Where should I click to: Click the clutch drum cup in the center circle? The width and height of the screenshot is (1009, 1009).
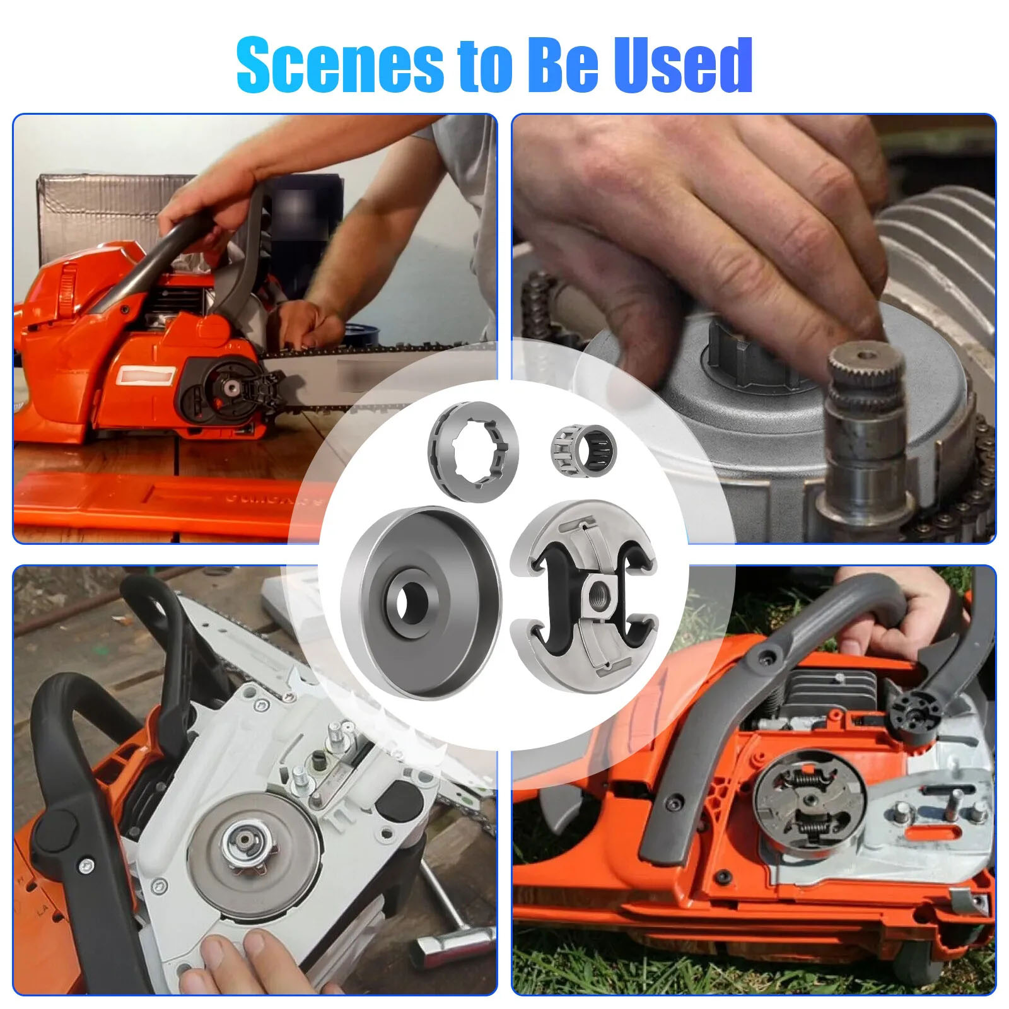(420, 602)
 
